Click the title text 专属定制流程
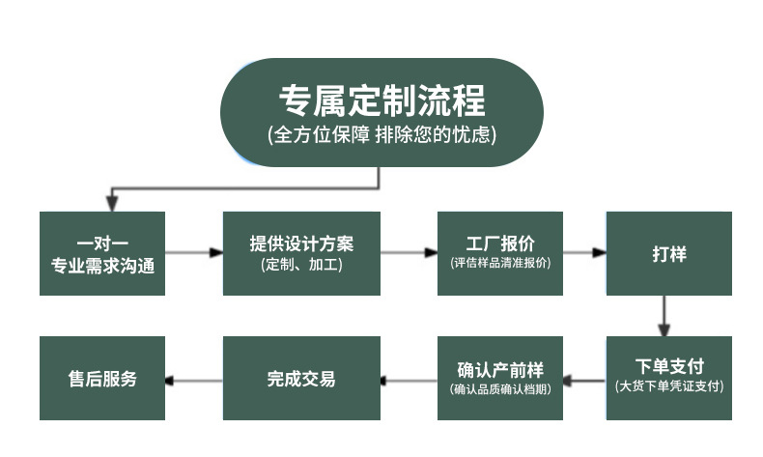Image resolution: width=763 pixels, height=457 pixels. pos(381,100)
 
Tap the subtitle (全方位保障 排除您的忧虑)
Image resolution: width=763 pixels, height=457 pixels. pos(381,135)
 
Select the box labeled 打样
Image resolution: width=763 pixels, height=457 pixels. pos(668,253)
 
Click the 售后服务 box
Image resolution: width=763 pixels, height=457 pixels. pos(102,378)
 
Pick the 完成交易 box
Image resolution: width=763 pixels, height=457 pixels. pos(301,378)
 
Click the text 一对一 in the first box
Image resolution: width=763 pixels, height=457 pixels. pos(102,243)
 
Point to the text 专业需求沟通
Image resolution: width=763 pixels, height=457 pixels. pos(102,264)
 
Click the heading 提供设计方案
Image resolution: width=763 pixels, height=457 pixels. pos(301,243)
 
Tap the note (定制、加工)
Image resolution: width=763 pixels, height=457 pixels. pos(301,264)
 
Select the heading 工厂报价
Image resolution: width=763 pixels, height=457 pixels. pos(500,243)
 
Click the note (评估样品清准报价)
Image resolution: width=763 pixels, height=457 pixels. pos(500,263)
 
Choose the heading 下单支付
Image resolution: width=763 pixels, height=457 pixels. pos(668,367)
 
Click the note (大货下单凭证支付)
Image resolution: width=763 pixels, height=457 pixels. pos(668,386)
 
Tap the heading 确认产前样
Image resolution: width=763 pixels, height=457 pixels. pos(500,370)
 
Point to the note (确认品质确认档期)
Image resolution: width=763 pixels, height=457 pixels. pos(500,389)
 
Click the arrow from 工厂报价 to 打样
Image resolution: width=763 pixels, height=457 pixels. pos(584,253)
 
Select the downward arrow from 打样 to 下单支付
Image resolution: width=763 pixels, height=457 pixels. pos(664,315)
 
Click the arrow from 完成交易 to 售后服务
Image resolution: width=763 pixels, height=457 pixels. pos(193,379)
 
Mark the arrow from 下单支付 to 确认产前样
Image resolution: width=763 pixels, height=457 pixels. pos(584,379)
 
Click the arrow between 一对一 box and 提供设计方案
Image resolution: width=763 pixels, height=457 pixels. pos(193,253)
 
